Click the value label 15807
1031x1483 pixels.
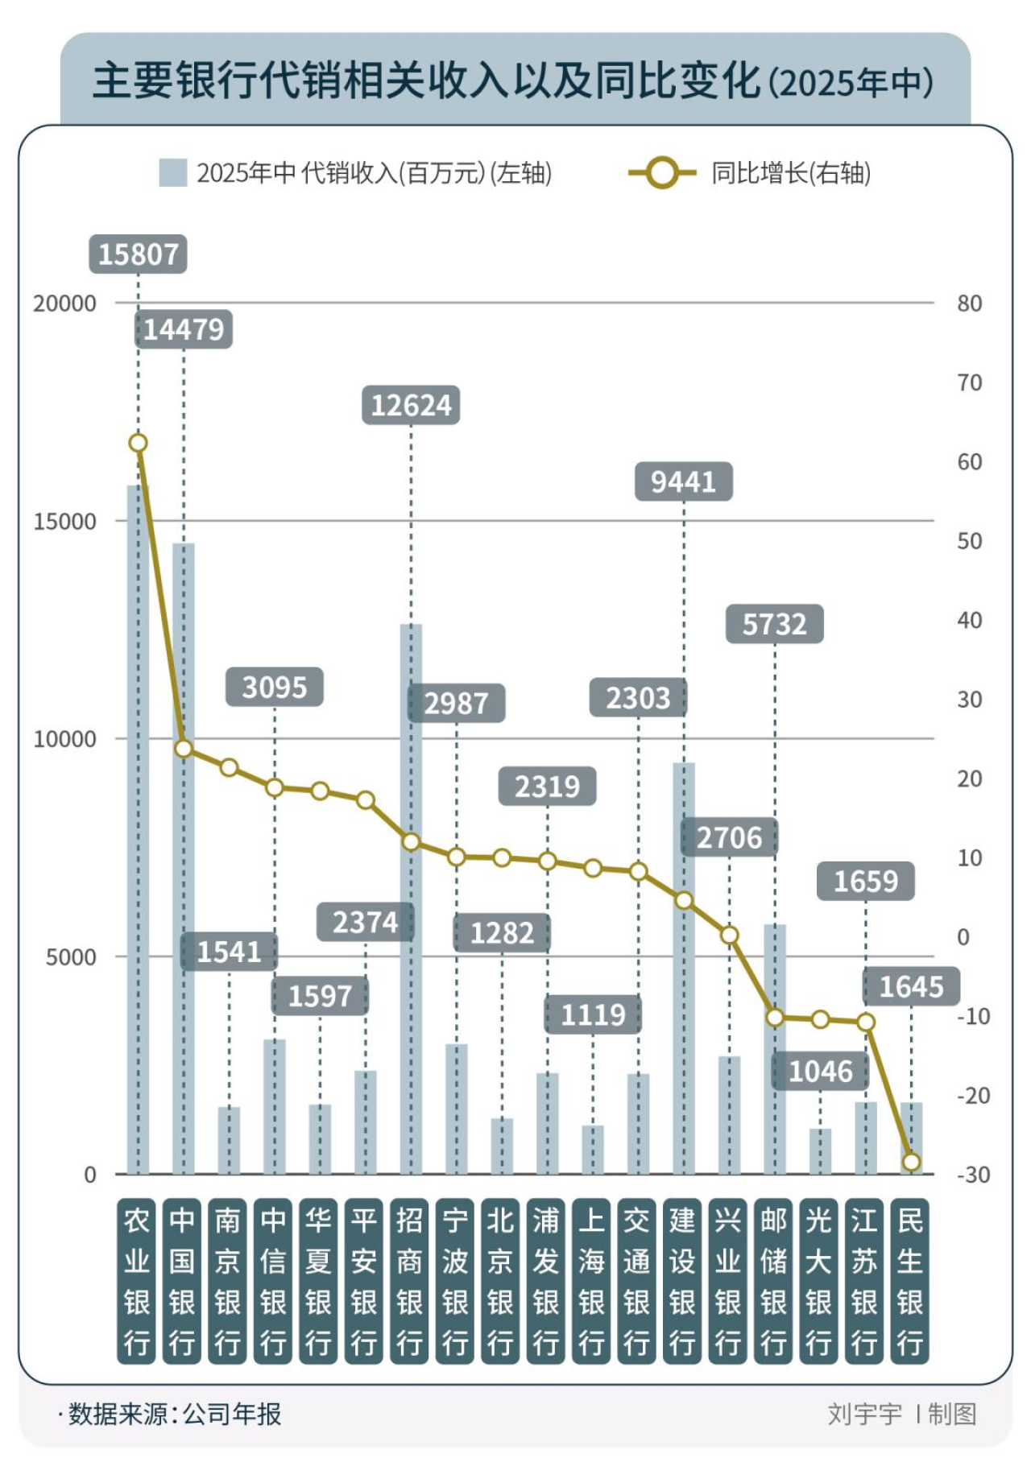click(138, 254)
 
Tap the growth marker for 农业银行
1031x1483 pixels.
click(138, 443)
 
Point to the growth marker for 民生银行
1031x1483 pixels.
click(911, 1162)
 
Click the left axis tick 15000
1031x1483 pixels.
click(64, 522)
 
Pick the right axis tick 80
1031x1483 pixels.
click(969, 304)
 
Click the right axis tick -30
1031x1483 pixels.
click(973, 1175)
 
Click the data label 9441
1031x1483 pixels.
click(683, 481)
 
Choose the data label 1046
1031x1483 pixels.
click(820, 1072)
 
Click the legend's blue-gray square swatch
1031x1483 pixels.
click(173, 173)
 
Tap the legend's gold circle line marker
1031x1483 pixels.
click(662, 173)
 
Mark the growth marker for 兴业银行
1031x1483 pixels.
click(729, 935)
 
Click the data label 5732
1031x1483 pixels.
click(774, 624)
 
